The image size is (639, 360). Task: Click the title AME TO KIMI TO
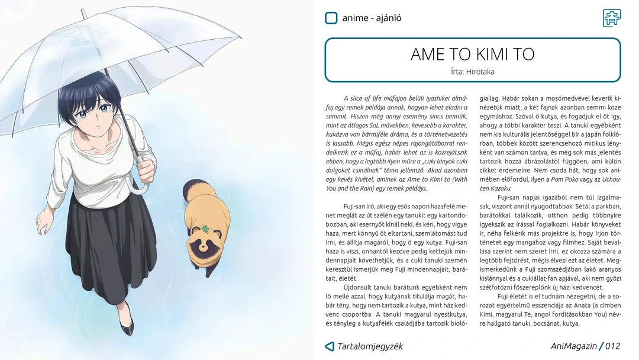click(x=472, y=54)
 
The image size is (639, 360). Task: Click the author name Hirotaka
click(x=480, y=72)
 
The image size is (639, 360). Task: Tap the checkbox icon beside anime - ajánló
click(x=331, y=18)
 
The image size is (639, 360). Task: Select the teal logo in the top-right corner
click(x=612, y=18)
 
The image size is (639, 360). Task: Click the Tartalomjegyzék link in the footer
click(x=370, y=346)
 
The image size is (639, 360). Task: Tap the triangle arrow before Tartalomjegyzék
click(x=330, y=346)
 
